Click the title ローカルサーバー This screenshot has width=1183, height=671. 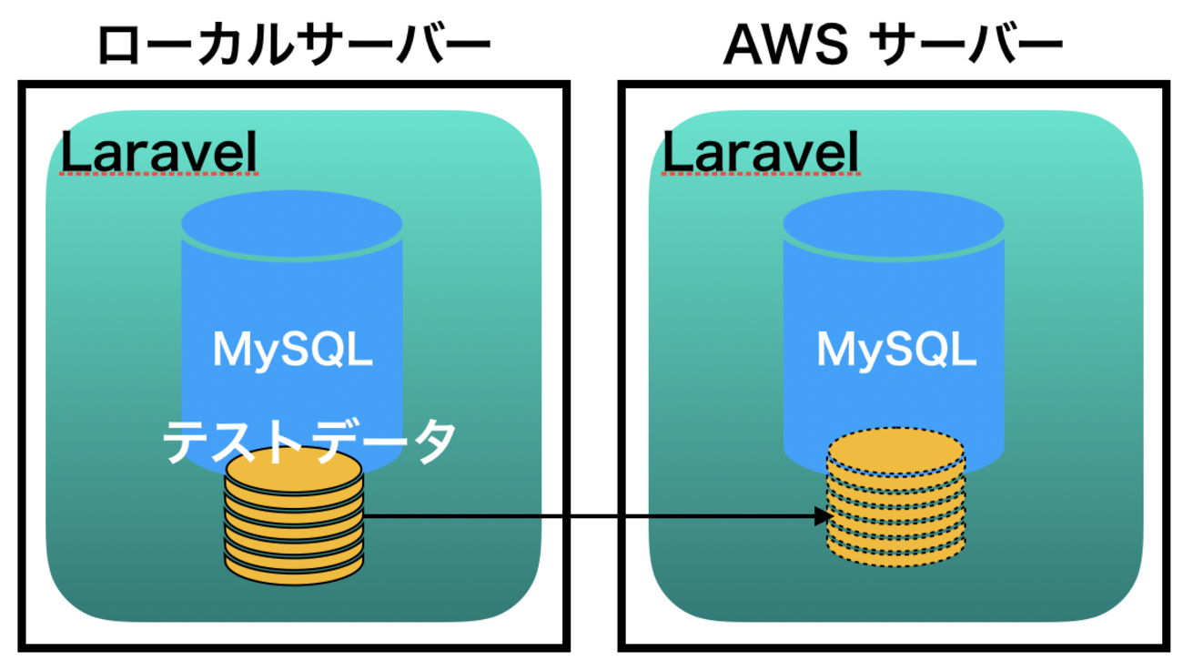(x=293, y=46)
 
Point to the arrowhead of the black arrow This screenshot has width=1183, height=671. (x=824, y=517)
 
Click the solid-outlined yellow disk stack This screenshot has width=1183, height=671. (x=294, y=513)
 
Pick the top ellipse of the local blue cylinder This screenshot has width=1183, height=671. (x=292, y=224)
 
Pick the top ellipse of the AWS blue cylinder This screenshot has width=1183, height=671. (x=894, y=224)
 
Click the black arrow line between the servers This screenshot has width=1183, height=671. (x=591, y=517)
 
